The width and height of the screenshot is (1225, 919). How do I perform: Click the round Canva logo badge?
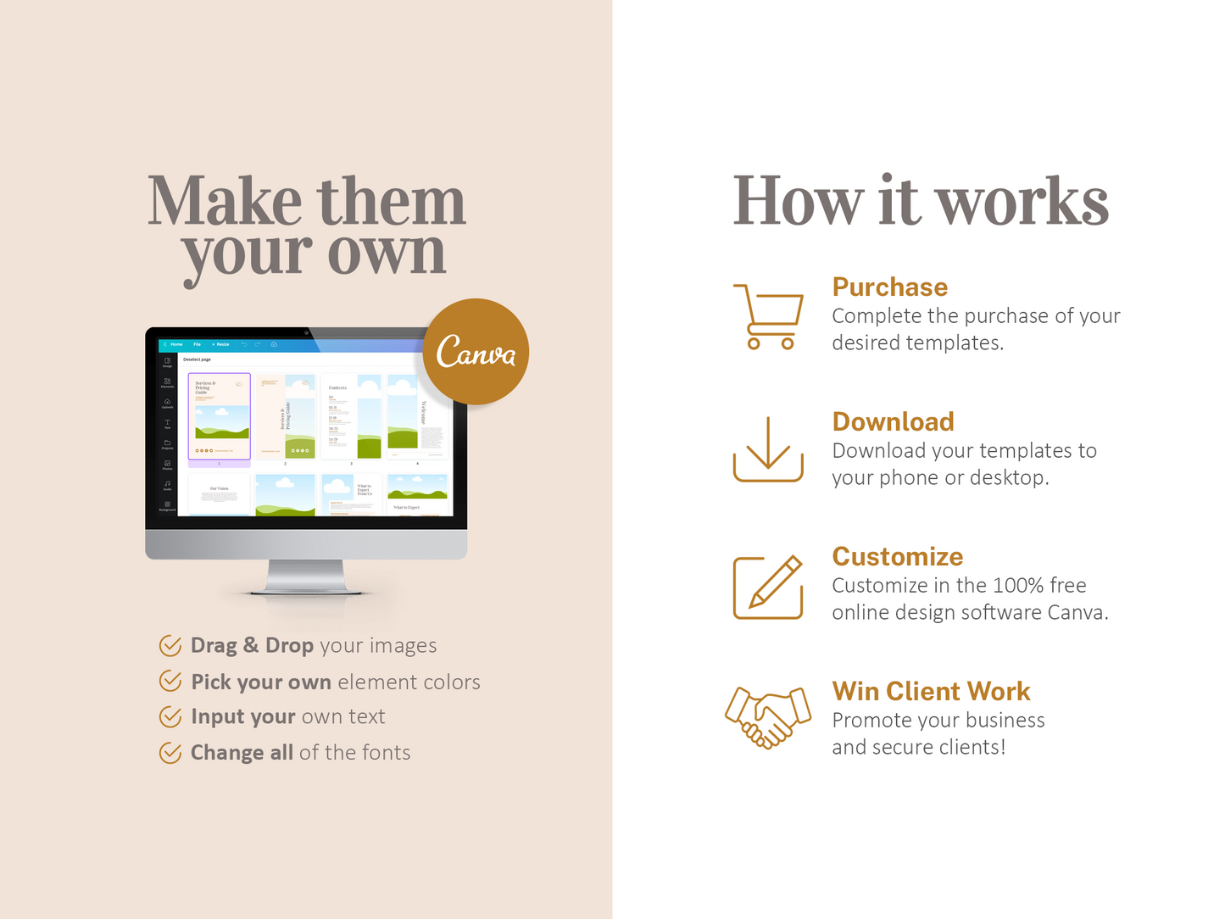(476, 351)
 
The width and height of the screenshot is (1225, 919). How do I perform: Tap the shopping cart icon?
(768, 316)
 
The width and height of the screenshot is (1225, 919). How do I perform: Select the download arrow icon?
(768, 449)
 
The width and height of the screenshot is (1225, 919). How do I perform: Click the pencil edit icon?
(768, 587)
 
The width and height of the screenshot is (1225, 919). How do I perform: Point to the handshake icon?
(768, 717)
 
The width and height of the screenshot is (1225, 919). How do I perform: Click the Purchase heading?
(889, 287)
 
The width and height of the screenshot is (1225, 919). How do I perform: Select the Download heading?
(893, 421)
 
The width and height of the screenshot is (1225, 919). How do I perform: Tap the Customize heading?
(897, 556)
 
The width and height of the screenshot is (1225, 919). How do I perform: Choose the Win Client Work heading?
(931, 691)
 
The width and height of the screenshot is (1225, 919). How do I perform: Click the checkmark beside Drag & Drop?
(170, 646)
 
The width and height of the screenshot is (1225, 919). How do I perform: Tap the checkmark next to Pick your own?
(170, 681)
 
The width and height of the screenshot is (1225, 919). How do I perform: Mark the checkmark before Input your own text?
(170, 717)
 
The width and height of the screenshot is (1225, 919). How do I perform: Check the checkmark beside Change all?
(170, 753)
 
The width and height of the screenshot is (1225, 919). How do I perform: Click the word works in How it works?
(1022, 203)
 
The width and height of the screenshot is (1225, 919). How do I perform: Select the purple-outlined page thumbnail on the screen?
(220, 416)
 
